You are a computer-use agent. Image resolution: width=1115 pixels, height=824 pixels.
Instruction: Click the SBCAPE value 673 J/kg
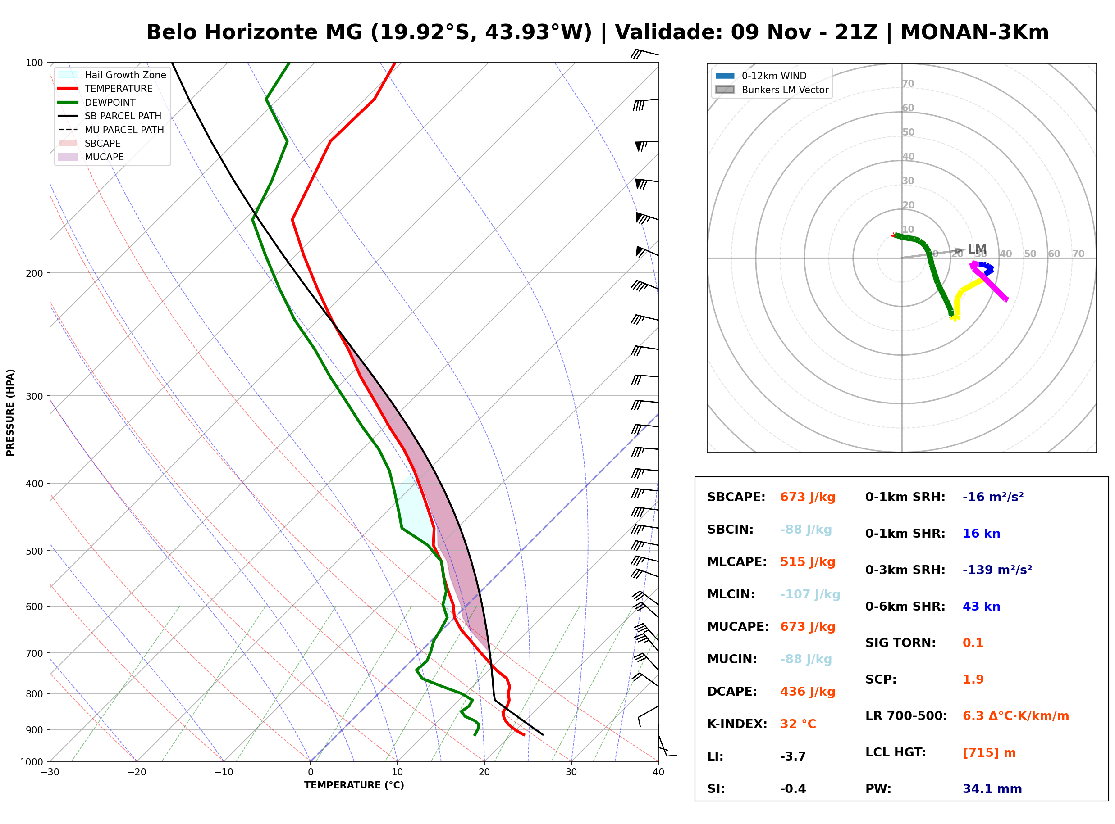click(x=808, y=497)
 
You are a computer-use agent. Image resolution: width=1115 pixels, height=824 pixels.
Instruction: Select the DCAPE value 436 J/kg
click(x=808, y=692)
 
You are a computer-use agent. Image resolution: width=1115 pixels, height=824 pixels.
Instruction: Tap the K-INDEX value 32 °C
click(x=798, y=724)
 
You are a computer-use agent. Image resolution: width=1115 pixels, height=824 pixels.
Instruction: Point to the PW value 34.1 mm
click(x=992, y=789)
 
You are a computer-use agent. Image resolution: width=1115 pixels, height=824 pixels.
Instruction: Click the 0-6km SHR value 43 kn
click(x=981, y=607)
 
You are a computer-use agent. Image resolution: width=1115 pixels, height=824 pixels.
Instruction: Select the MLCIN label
click(x=731, y=594)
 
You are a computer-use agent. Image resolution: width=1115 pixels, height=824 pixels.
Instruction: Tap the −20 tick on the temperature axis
click(x=137, y=772)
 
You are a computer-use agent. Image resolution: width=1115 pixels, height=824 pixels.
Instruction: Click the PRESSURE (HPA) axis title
click(x=10, y=412)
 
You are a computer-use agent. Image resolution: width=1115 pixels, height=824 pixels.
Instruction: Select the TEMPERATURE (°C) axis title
click(x=354, y=785)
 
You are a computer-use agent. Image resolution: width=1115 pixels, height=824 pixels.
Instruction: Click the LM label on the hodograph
click(x=977, y=249)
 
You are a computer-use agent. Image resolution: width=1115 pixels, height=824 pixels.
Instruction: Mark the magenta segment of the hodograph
click(x=989, y=282)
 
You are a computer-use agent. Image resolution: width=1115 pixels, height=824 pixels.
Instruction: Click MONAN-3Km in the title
click(x=975, y=32)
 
